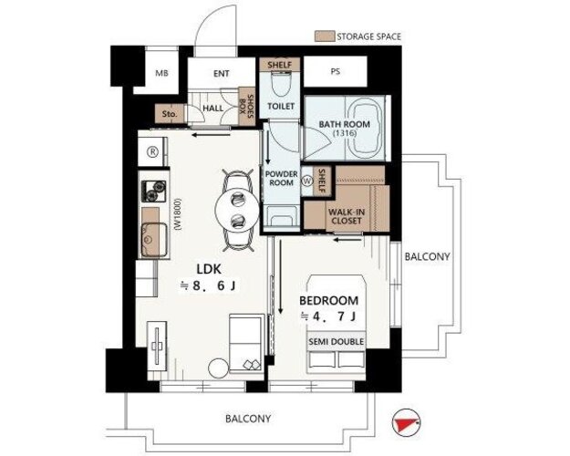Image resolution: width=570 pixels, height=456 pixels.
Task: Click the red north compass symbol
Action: (x=406, y=422)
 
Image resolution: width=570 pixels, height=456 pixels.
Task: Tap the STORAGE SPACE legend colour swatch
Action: (x=325, y=36)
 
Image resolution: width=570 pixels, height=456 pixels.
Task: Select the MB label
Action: (x=161, y=73)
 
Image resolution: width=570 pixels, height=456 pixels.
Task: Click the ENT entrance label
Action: (x=221, y=74)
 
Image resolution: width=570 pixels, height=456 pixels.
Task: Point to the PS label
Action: (x=336, y=72)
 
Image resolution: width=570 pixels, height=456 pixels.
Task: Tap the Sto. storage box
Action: (x=170, y=113)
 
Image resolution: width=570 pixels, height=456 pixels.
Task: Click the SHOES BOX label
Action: (x=246, y=108)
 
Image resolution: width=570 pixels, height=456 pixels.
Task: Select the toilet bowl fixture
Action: (x=281, y=84)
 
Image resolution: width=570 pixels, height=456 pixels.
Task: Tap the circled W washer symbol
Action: (x=307, y=181)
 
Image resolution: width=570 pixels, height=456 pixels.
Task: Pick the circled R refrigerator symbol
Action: (x=152, y=152)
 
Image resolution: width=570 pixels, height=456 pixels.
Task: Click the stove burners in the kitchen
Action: (x=153, y=192)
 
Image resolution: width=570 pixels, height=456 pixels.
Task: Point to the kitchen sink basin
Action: (x=154, y=240)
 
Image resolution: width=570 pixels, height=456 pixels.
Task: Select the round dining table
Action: (x=237, y=210)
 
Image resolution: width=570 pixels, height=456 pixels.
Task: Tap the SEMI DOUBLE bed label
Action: (x=336, y=342)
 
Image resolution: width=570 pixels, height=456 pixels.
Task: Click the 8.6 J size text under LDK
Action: (x=208, y=286)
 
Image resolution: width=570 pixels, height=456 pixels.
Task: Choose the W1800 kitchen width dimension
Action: (x=178, y=214)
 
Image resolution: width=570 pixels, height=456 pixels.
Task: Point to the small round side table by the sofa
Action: (x=219, y=368)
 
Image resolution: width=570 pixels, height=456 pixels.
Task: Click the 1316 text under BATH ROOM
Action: (x=344, y=133)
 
